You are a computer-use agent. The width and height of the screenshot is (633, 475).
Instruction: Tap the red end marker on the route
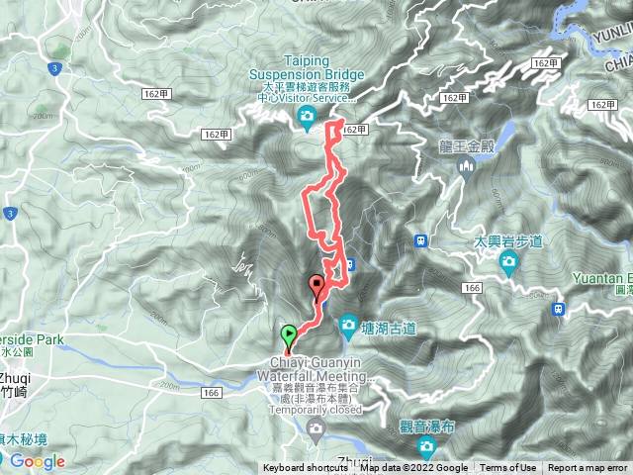click(x=317, y=284)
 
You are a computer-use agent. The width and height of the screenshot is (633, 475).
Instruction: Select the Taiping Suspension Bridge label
click(x=307, y=66)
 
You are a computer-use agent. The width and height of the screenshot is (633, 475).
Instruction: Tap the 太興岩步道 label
click(x=508, y=240)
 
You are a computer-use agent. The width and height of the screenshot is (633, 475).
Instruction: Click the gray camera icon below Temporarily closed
click(x=316, y=428)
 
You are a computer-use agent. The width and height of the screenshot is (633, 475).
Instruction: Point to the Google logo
click(x=37, y=461)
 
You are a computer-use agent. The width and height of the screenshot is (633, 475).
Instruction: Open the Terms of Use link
click(x=508, y=468)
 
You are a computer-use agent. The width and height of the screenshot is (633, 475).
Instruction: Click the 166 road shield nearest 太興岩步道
click(x=470, y=288)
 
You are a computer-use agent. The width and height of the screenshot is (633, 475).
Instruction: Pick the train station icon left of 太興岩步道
click(x=419, y=240)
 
